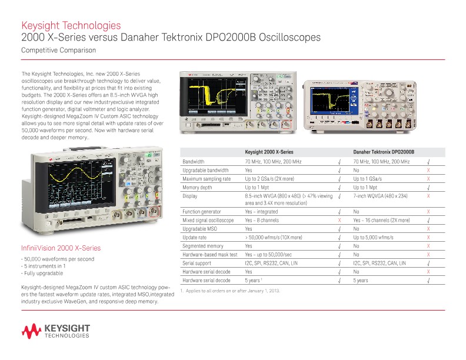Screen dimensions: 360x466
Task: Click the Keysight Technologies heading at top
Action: point(71,25)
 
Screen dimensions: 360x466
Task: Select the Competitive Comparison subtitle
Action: point(58,51)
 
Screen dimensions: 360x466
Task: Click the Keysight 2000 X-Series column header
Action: point(269,152)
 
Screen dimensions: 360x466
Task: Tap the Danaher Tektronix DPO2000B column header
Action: point(384,152)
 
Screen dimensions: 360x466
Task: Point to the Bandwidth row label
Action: point(194,161)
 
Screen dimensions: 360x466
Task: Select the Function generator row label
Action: point(202,211)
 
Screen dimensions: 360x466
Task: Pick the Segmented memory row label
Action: point(203,246)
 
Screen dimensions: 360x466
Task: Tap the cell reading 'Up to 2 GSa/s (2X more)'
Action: point(269,178)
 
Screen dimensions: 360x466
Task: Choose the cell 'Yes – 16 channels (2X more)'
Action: point(381,220)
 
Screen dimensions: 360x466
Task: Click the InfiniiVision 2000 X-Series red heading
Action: point(61,248)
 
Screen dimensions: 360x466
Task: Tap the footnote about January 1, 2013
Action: point(230,291)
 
